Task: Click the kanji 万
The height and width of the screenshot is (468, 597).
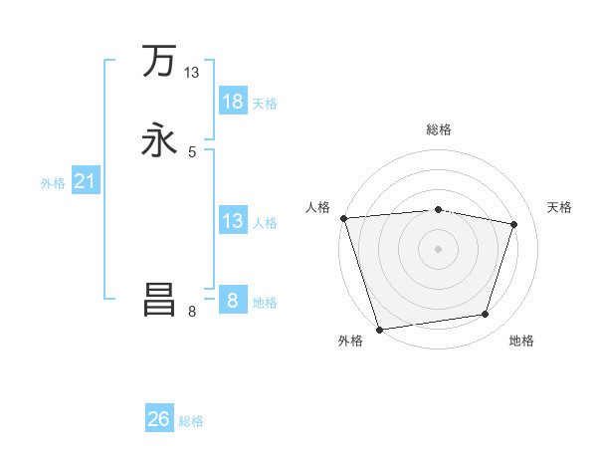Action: pyautogui.click(x=159, y=62)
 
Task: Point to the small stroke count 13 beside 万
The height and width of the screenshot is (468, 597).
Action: pyautogui.click(x=192, y=73)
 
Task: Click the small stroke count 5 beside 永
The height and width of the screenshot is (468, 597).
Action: pyautogui.click(x=192, y=152)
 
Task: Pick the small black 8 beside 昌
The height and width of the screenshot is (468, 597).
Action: pyautogui.click(x=192, y=312)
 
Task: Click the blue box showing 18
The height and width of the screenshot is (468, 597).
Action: pyautogui.click(x=233, y=101)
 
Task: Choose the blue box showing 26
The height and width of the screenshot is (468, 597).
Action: pyautogui.click(x=159, y=419)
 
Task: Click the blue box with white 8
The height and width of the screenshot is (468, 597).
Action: pyautogui.click(x=233, y=300)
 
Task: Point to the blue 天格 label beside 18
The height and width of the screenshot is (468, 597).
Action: pyautogui.click(x=265, y=103)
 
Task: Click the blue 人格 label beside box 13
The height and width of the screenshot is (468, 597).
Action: pyautogui.click(x=265, y=222)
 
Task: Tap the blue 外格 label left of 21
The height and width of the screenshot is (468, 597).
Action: pyautogui.click(x=53, y=183)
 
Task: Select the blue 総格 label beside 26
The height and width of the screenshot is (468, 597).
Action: pyautogui.click(x=191, y=421)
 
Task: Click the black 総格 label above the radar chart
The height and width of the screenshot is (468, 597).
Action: pyautogui.click(x=439, y=129)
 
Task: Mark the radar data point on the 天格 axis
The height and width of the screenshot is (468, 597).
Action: pyautogui.click(x=514, y=224)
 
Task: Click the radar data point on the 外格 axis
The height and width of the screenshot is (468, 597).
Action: pyautogui.click(x=379, y=329)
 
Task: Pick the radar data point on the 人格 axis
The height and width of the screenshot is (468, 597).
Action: pyautogui.click(x=343, y=218)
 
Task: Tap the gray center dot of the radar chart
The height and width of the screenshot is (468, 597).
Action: pyautogui.click(x=439, y=248)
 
